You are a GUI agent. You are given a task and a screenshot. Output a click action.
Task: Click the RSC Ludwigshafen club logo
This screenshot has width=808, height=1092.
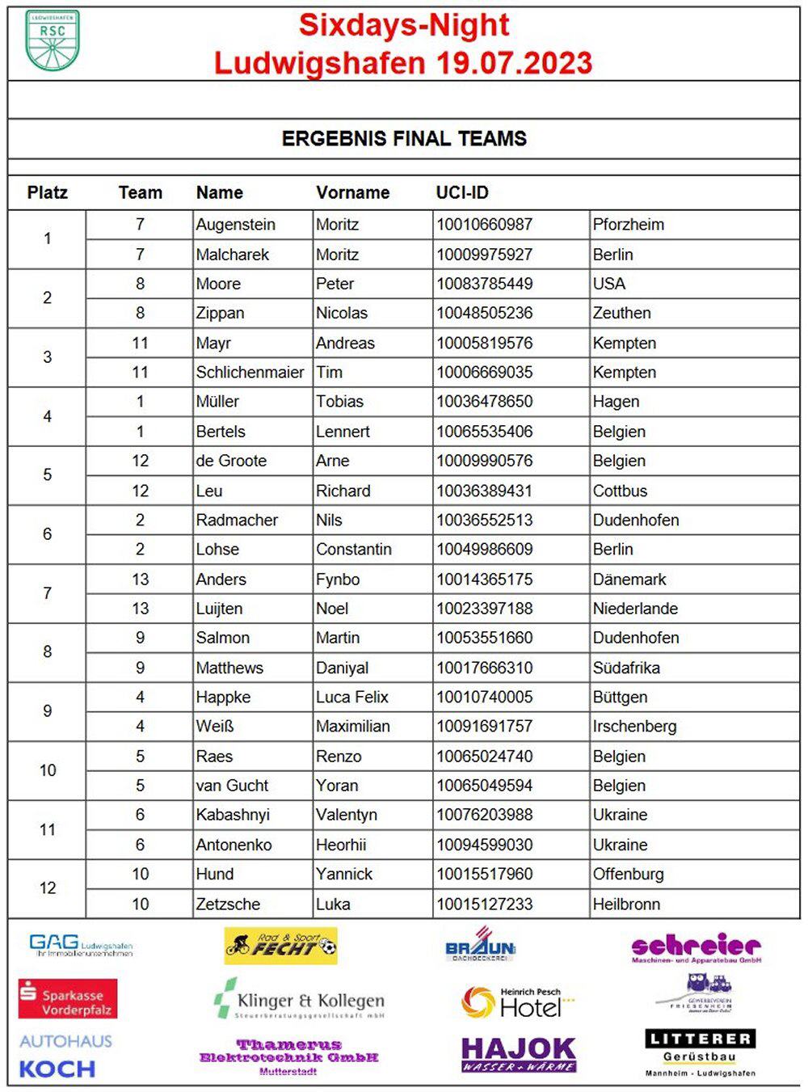click(x=53, y=40)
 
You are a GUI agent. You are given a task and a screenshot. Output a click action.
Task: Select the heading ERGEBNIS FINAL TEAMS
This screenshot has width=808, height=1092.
click(x=404, y=138)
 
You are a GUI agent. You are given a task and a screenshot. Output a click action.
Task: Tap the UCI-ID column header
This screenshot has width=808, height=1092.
click(x=462, y=192)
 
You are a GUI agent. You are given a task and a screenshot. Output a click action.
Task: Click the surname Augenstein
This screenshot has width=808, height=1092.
click(x=235, y=225)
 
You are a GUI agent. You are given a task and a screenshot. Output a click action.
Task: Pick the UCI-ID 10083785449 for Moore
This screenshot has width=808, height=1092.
click(x=484, y=284)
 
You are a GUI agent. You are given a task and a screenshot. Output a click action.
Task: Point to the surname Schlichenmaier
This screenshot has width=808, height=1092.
click(x=250, y=373)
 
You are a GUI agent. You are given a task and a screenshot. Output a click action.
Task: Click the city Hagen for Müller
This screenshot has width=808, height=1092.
click(x=616, y=402)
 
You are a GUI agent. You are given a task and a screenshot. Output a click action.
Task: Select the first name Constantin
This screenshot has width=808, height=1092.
click(x=353, y=550)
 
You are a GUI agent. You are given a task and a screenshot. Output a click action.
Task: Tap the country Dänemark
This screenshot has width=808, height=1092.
click(x=629, y=580)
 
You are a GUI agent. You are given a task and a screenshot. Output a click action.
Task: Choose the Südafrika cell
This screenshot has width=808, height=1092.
click(x=626, y=668)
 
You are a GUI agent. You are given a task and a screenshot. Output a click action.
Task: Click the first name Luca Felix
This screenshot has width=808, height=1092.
click(x=351, y=698)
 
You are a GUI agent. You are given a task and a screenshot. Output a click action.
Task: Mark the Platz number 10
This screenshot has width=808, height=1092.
click(x=48, y=770)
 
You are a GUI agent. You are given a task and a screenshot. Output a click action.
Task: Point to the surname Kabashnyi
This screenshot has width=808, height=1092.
click(x=233, y=815)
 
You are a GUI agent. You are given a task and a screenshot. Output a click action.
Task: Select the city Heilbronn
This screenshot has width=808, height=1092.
click(x=626, y=904)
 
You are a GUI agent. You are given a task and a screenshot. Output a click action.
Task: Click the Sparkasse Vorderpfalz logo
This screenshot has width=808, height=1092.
click(x=68, y=999)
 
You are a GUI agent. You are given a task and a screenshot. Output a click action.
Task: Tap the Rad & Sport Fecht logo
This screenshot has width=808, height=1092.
click(x=280, y=945)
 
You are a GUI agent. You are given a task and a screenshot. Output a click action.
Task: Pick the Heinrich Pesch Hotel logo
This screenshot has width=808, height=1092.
click(x=516, y=1002)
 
